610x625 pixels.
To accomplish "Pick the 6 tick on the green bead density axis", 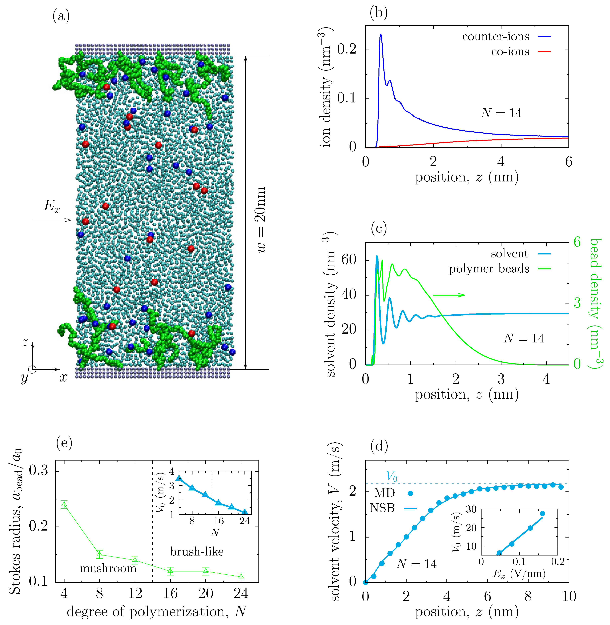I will point(577,242).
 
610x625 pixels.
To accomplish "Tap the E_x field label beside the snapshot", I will point(52,206).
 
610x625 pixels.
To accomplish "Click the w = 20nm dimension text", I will point(261,220).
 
